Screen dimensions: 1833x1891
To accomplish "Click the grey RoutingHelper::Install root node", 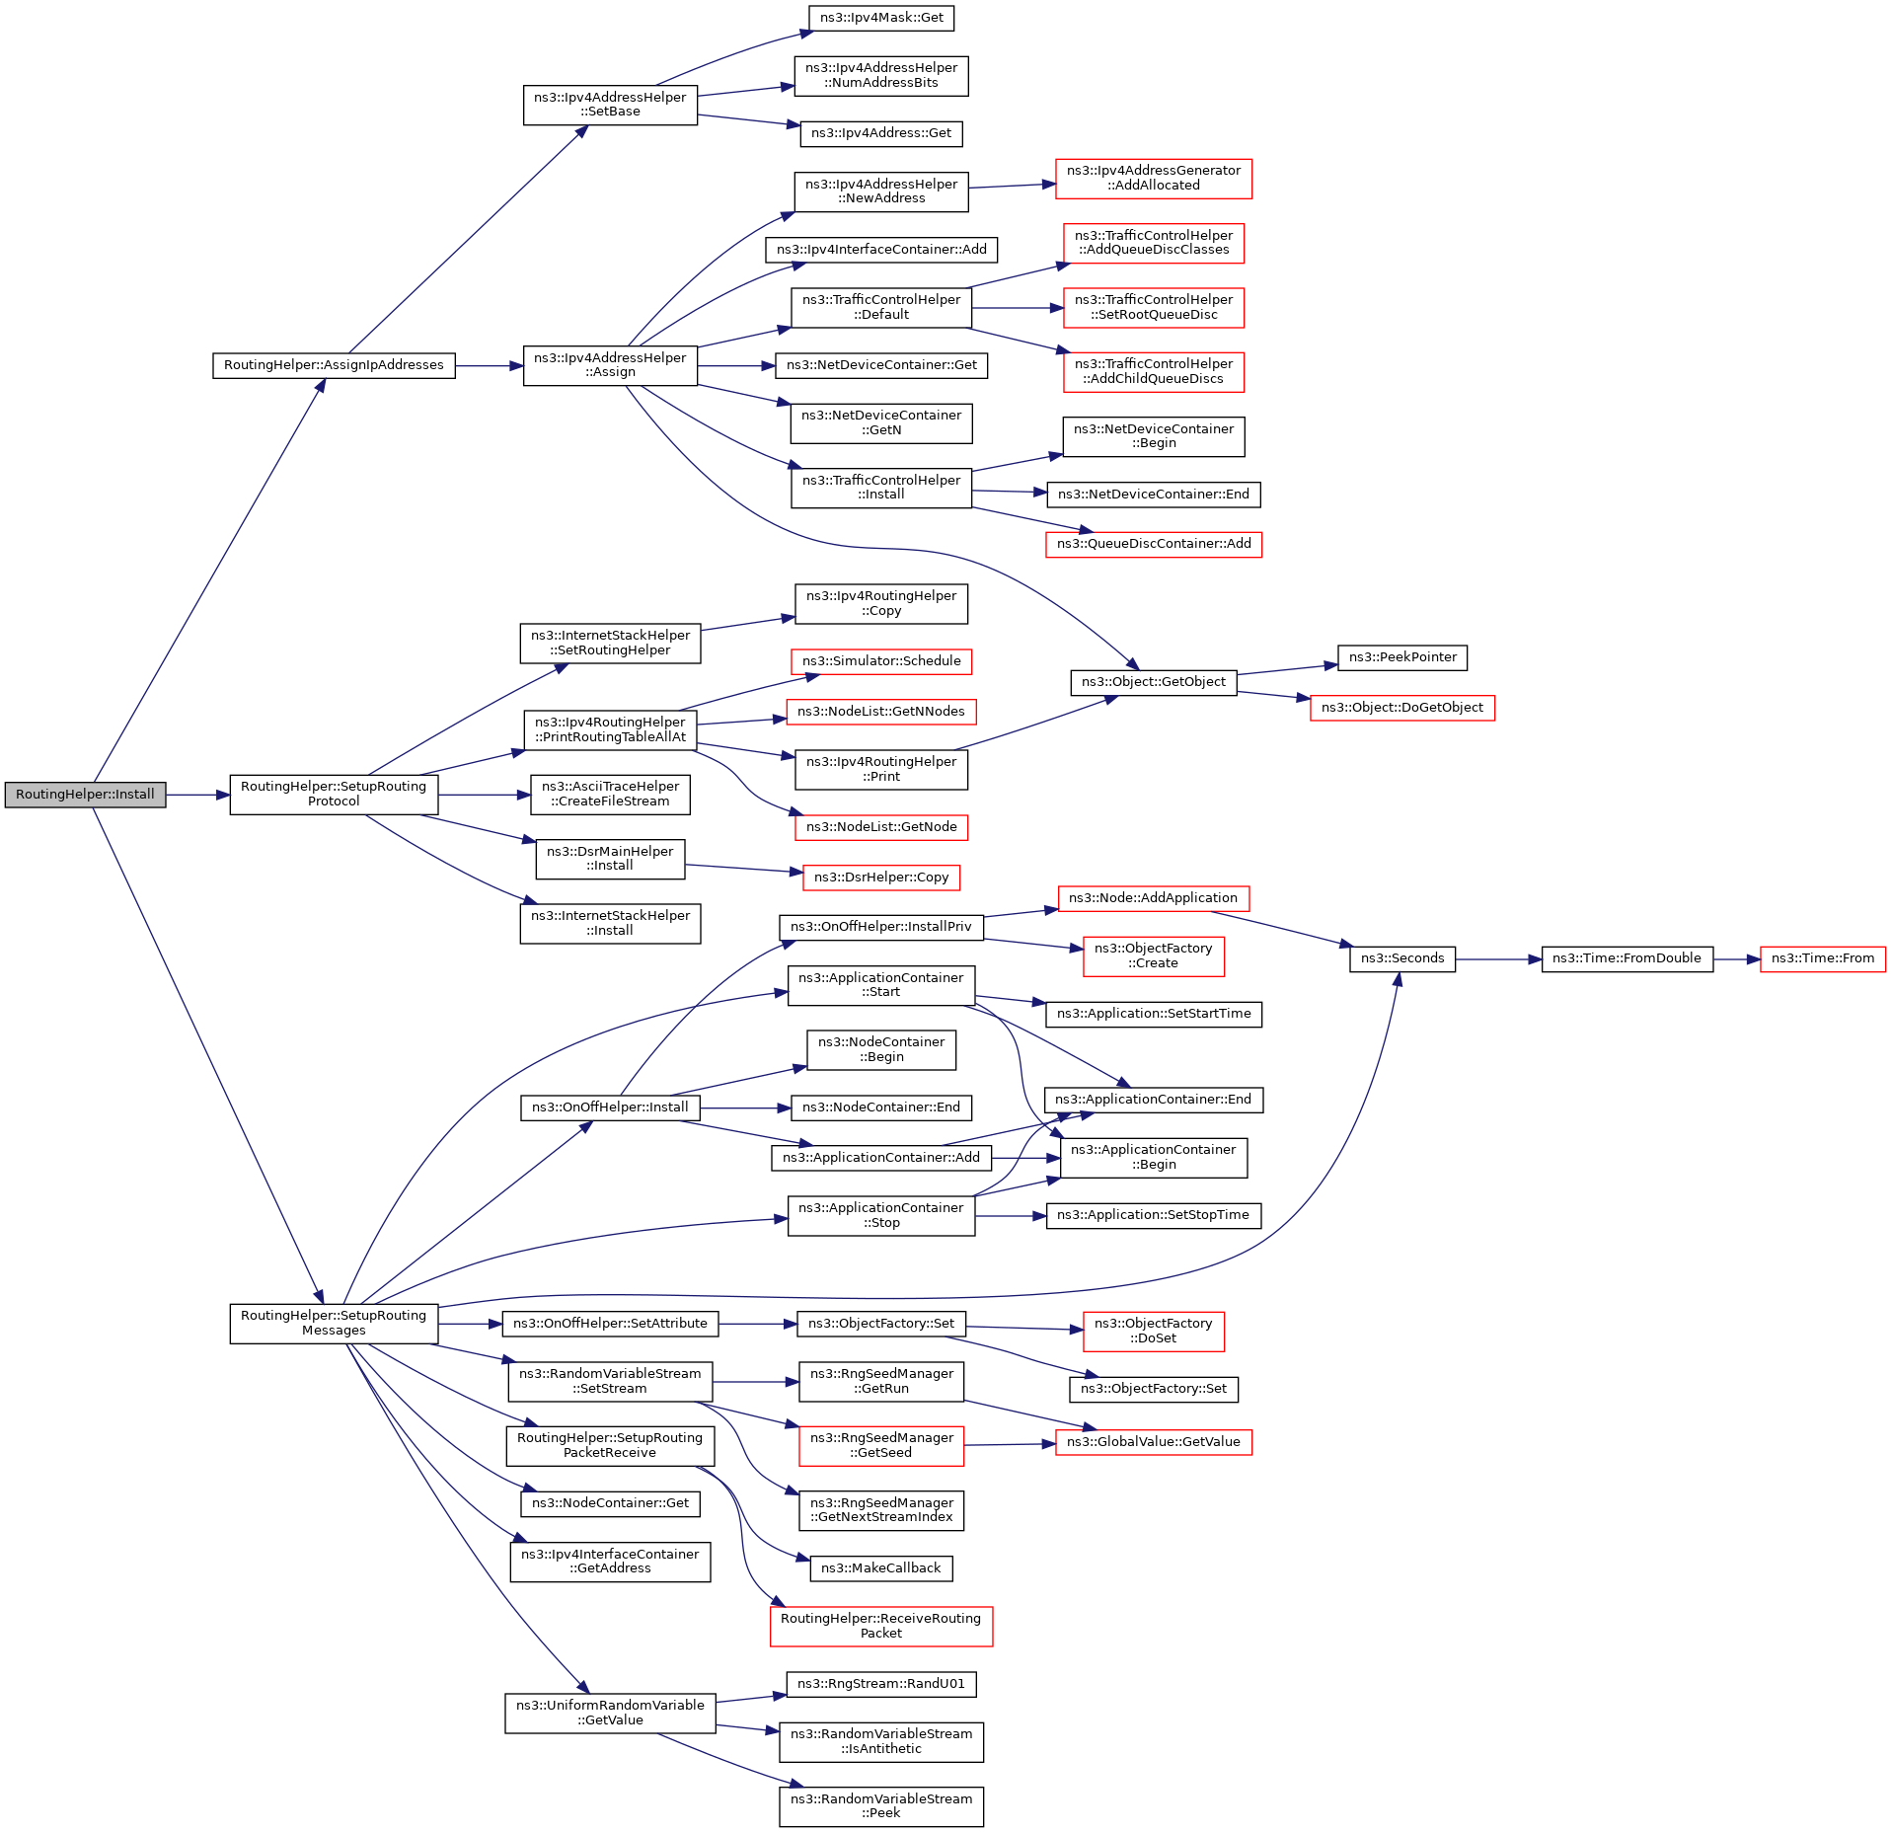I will [x=85, y=795].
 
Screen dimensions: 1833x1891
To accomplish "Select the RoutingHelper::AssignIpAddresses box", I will [x=334, y=365].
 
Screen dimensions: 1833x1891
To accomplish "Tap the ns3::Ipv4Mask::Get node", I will [x=881, y=18].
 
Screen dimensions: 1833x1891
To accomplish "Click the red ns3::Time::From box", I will [x=1822, y=958].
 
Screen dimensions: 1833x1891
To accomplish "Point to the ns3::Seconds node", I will [x=1401, y=958].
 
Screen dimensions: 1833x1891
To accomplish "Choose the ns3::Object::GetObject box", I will [x=1153, y=682].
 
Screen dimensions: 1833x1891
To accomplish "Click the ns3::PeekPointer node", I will [x=1402, y=657].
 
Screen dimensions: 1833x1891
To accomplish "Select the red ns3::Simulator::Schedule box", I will [x=881, y=661].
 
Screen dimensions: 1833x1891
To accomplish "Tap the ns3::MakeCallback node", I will [x=880, y=1568].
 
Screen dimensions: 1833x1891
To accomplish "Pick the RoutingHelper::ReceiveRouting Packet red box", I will [x=880, y=1626].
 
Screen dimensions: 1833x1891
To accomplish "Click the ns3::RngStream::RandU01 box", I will [x=880, y=1684].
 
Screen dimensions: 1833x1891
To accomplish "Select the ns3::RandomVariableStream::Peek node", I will [x=880, y=1806].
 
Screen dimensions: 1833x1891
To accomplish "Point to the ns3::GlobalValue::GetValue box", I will [x=1153, y=1442].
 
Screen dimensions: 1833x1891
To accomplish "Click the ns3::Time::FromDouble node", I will [x=1626, y=958].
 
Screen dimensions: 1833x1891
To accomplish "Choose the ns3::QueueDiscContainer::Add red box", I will [x=1153, y=544].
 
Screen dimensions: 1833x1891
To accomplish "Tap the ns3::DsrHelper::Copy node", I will [x=881, y=878].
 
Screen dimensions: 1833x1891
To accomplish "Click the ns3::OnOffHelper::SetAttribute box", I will [x=610, y=1324].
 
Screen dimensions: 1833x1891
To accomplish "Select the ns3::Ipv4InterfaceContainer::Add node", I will [x=881, y=250].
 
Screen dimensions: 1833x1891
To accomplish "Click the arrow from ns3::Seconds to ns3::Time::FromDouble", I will [x=1498, y=958].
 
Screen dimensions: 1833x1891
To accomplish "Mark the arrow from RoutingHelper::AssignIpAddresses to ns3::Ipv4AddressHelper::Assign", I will [x=490, y=365].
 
